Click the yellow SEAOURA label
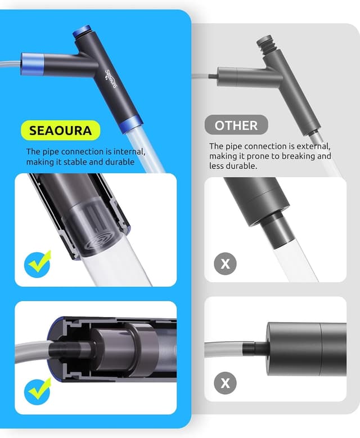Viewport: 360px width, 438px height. click(x=61, y=130)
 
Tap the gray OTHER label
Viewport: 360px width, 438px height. click(x=236, y=125)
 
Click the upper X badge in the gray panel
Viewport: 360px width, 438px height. click(x=225, y=263)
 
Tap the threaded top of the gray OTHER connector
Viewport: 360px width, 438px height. click(x=264, y=42)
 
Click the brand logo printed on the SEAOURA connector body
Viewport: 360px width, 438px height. click(x=110, y=79)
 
